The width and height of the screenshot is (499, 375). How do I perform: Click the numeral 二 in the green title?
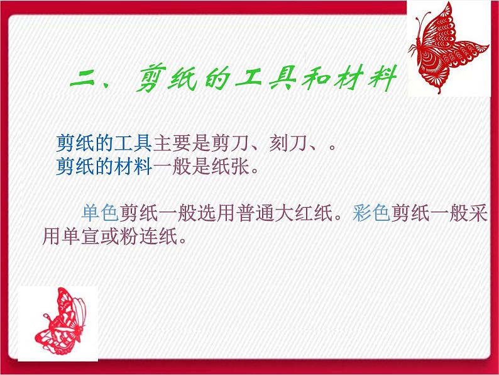point(87,82)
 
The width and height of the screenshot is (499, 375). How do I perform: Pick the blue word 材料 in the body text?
point(137,168)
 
